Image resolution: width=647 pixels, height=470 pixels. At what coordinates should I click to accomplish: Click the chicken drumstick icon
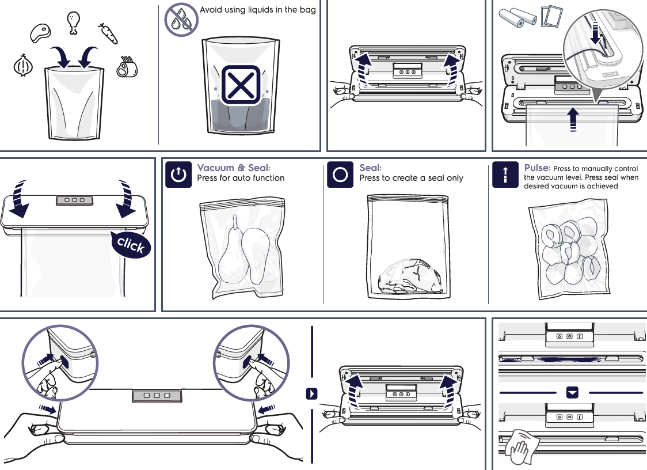73,23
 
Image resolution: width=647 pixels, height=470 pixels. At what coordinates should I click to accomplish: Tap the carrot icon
108,33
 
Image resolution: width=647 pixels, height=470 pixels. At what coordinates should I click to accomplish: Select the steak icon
40,33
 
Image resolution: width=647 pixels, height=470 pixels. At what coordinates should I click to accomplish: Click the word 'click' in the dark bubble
131,246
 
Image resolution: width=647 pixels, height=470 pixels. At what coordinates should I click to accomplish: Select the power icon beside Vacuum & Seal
178,175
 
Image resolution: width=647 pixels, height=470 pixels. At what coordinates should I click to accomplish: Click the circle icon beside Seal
340,175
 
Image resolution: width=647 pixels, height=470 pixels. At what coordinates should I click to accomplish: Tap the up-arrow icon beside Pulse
505,175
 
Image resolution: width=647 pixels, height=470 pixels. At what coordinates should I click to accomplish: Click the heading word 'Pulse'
536,168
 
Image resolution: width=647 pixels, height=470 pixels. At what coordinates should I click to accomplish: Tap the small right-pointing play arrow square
311,394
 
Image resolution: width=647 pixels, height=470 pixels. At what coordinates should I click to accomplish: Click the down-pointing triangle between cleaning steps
572,392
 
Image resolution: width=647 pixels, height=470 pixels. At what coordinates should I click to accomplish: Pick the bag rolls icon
517,16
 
